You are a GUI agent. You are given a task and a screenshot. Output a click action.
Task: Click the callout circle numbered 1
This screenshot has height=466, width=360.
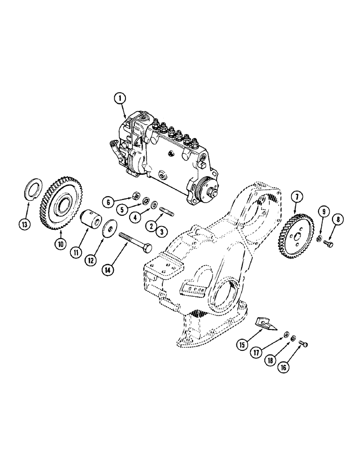pyautogui.click(x=120, y=99)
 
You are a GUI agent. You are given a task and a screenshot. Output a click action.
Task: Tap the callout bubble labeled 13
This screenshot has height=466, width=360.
pyautogui.click(x=25, y=225)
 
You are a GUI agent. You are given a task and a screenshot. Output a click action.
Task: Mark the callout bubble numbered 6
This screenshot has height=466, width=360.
pyautogui.click(x=108, y=202)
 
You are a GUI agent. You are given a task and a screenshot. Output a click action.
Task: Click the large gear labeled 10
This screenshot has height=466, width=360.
pyautogui.click(x=60, y=201)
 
